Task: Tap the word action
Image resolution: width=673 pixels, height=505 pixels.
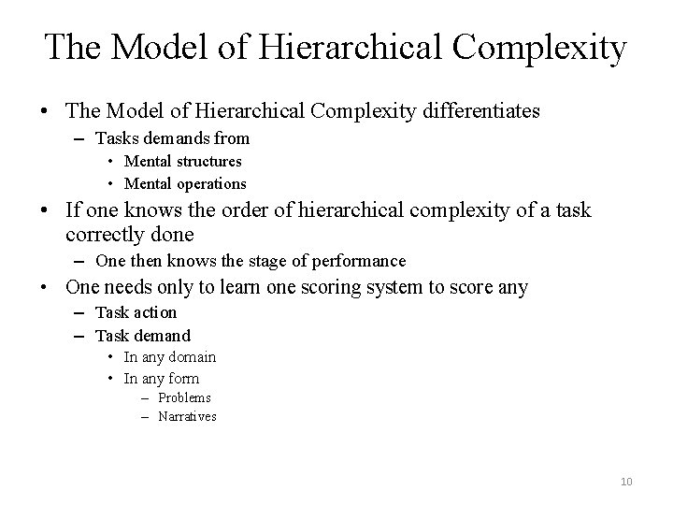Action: pyautogui.click(x=153, y=312)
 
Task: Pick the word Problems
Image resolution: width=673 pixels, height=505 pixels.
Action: pyautogui.click(x=184, y=397)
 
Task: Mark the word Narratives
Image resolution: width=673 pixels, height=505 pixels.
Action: pyautogui.click(x=187, y=416)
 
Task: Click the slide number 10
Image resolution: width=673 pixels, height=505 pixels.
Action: pyautogui.click(x=626, y=481)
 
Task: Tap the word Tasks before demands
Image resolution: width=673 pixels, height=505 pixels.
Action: pyautogui.click(x=117, y=138)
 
